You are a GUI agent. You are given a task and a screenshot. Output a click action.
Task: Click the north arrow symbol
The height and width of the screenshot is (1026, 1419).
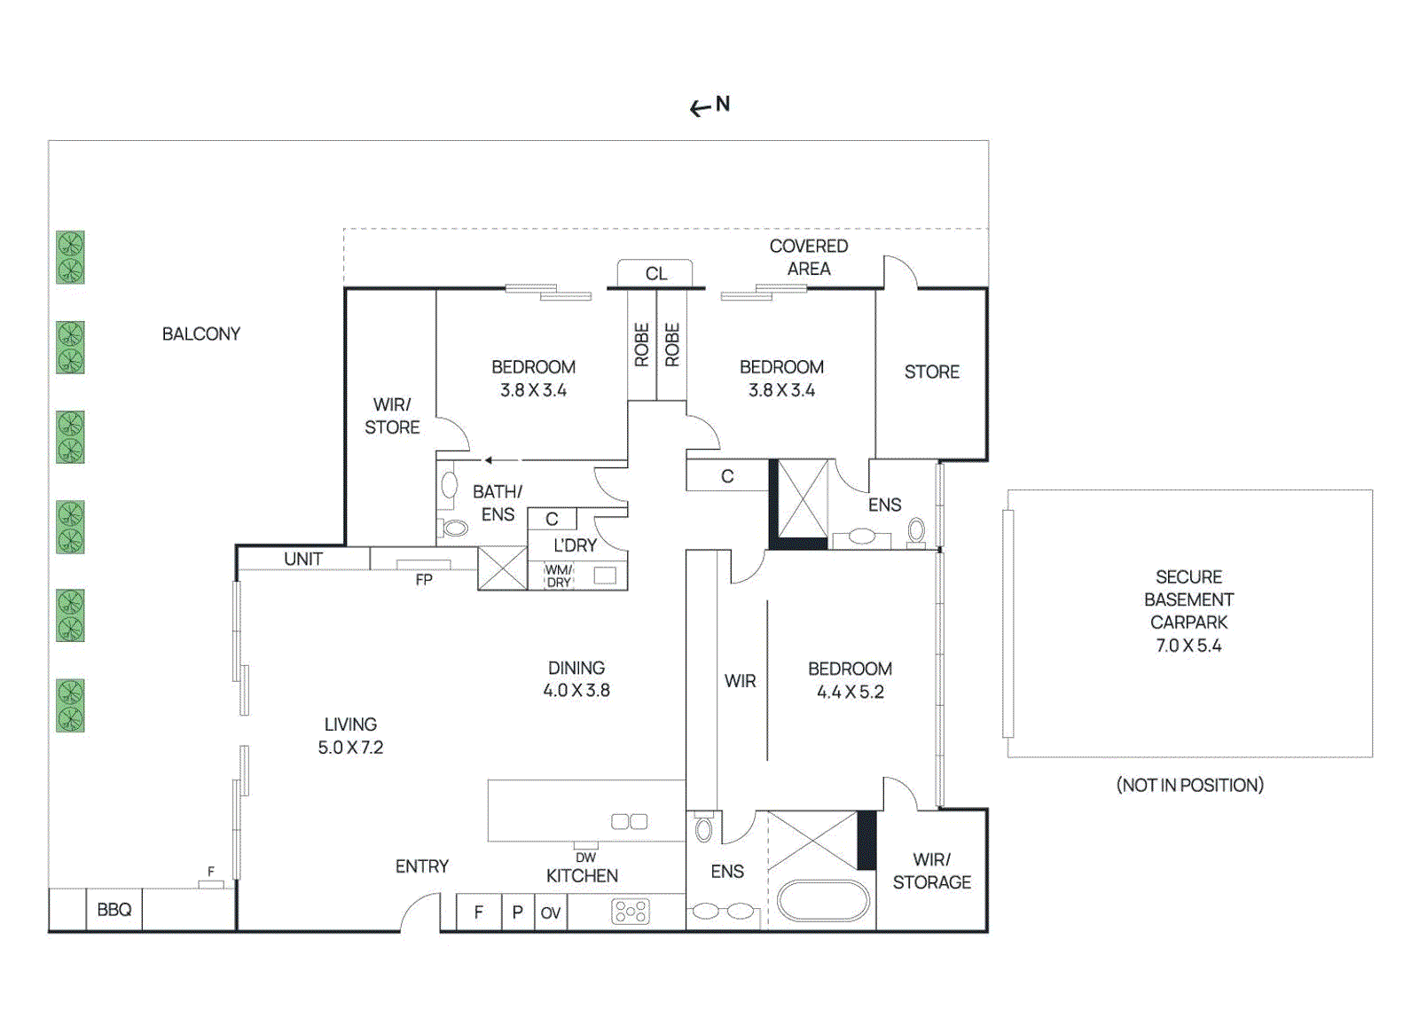700,109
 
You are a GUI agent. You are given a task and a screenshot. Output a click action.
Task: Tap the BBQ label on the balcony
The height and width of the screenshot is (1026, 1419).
114,910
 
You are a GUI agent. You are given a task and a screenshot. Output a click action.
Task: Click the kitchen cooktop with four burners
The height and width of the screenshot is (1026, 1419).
631,912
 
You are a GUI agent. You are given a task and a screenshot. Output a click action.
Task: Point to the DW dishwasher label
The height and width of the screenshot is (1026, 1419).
586,858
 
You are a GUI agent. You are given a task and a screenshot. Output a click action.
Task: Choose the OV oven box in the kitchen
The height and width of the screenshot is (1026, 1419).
551,912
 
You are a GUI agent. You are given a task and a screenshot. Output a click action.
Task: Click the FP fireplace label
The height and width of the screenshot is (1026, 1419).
424,579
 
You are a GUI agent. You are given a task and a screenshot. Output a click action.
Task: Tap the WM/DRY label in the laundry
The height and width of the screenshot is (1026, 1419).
559,576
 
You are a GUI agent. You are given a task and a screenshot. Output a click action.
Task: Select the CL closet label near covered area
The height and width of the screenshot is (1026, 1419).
656,274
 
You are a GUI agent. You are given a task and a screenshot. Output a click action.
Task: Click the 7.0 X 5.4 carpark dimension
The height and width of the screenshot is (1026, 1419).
1189,646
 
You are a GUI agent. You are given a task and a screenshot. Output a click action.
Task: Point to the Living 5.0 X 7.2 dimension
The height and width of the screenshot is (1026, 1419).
350,748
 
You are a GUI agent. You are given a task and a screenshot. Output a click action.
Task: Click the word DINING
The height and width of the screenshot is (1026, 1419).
576,668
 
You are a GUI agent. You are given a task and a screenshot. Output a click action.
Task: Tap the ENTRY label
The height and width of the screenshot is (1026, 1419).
422,865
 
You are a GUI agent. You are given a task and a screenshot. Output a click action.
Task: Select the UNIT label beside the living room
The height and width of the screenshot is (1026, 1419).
303,559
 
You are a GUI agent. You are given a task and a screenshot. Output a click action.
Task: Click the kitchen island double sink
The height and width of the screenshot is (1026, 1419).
629,821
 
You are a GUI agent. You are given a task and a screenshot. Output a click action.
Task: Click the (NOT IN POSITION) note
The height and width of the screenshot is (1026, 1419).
1189,786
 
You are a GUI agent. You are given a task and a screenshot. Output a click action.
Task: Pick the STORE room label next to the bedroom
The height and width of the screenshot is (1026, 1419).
932,372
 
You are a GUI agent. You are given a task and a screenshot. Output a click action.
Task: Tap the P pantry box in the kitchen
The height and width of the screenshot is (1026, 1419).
518,912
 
